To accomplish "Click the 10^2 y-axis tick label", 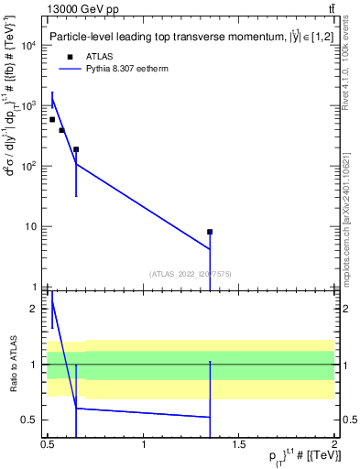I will click(x=28, y=167).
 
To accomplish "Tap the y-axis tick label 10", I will click(x=31, y=227).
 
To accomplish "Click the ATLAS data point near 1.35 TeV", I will click(x=210, y=233).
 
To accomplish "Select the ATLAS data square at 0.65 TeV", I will click(x=76, y=149).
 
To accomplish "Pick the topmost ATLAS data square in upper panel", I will click(x=52, y=120).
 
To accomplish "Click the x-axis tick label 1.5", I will click(x=238, y=444).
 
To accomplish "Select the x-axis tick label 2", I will click(x=334, y=444).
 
